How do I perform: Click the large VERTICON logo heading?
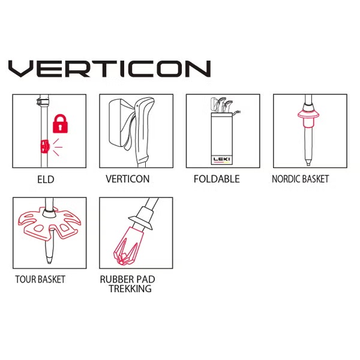point(110,68)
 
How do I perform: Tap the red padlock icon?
point(60,124)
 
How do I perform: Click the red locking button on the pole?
point(45,146)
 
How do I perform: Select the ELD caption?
point(46,179)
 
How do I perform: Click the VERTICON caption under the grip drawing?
point(128,179)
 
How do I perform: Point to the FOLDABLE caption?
point(217,179)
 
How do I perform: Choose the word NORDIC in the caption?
point(286,179)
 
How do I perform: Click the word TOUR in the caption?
point(25,280)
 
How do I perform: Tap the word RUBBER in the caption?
point(117,280)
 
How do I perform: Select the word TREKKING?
point(130,289)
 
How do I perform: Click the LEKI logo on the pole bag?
point(221,159)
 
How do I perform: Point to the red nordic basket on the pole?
point(308,118)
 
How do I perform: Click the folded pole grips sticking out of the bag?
point(221,105)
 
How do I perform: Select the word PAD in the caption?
point(146,280)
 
